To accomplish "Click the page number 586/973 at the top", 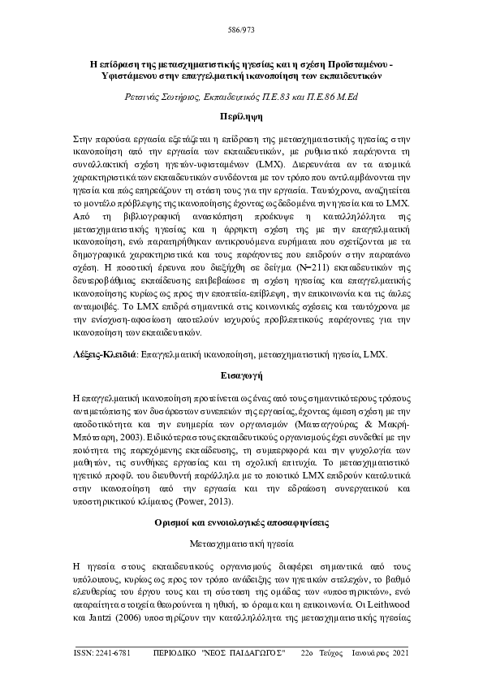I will (241, 33).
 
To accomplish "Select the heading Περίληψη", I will (241, 117).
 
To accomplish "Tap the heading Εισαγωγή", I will (241, 377).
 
